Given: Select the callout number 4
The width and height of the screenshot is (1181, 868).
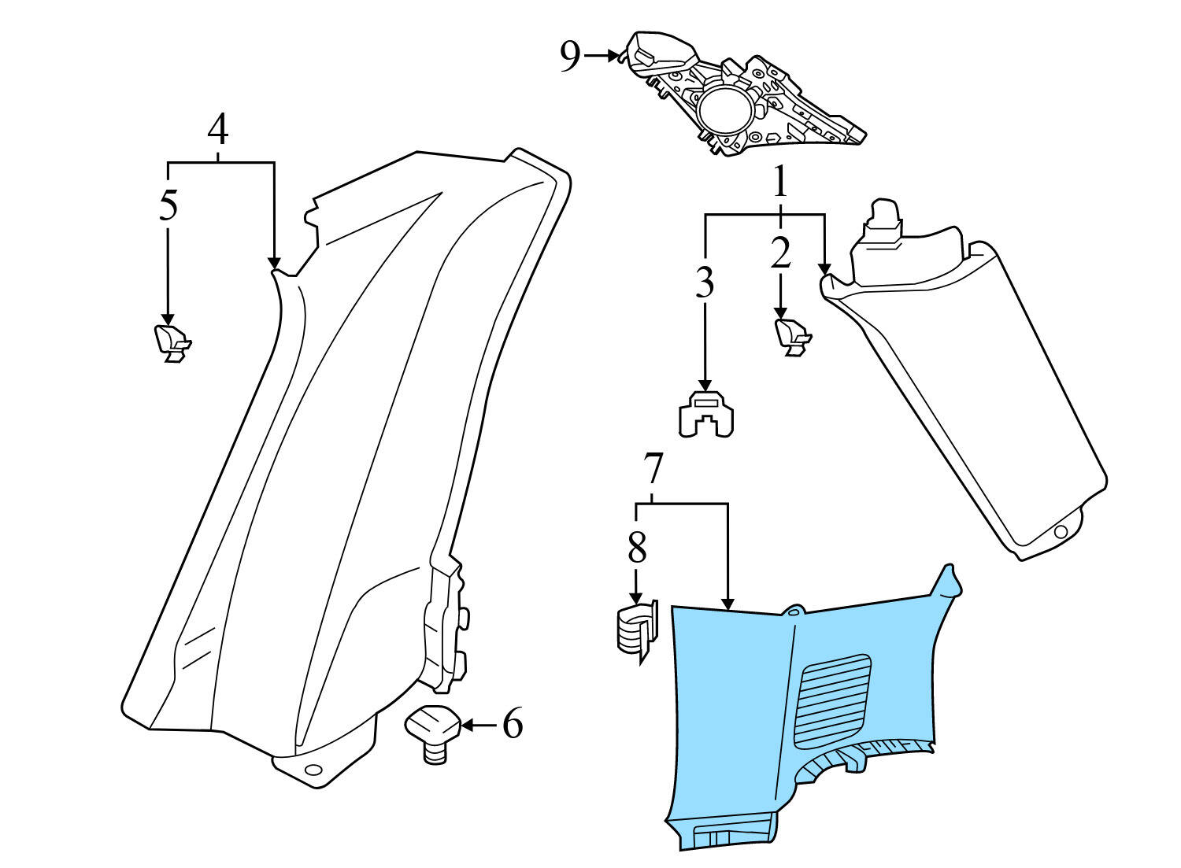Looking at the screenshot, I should (218, 130).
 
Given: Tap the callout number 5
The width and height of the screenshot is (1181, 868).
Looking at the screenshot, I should (168, 205).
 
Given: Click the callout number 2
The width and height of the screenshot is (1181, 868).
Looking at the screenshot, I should (779, 253).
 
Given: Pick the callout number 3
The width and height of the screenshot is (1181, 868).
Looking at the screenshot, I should (705, 283).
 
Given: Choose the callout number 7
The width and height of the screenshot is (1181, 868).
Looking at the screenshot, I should (653, 470).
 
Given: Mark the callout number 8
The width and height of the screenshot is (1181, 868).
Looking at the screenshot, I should (636, 548).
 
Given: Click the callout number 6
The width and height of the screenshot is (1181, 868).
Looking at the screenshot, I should (513, 723).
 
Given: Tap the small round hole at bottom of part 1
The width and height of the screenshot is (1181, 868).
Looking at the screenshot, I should (1061, 532).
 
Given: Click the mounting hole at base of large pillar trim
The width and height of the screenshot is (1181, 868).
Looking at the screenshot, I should (313, 769).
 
